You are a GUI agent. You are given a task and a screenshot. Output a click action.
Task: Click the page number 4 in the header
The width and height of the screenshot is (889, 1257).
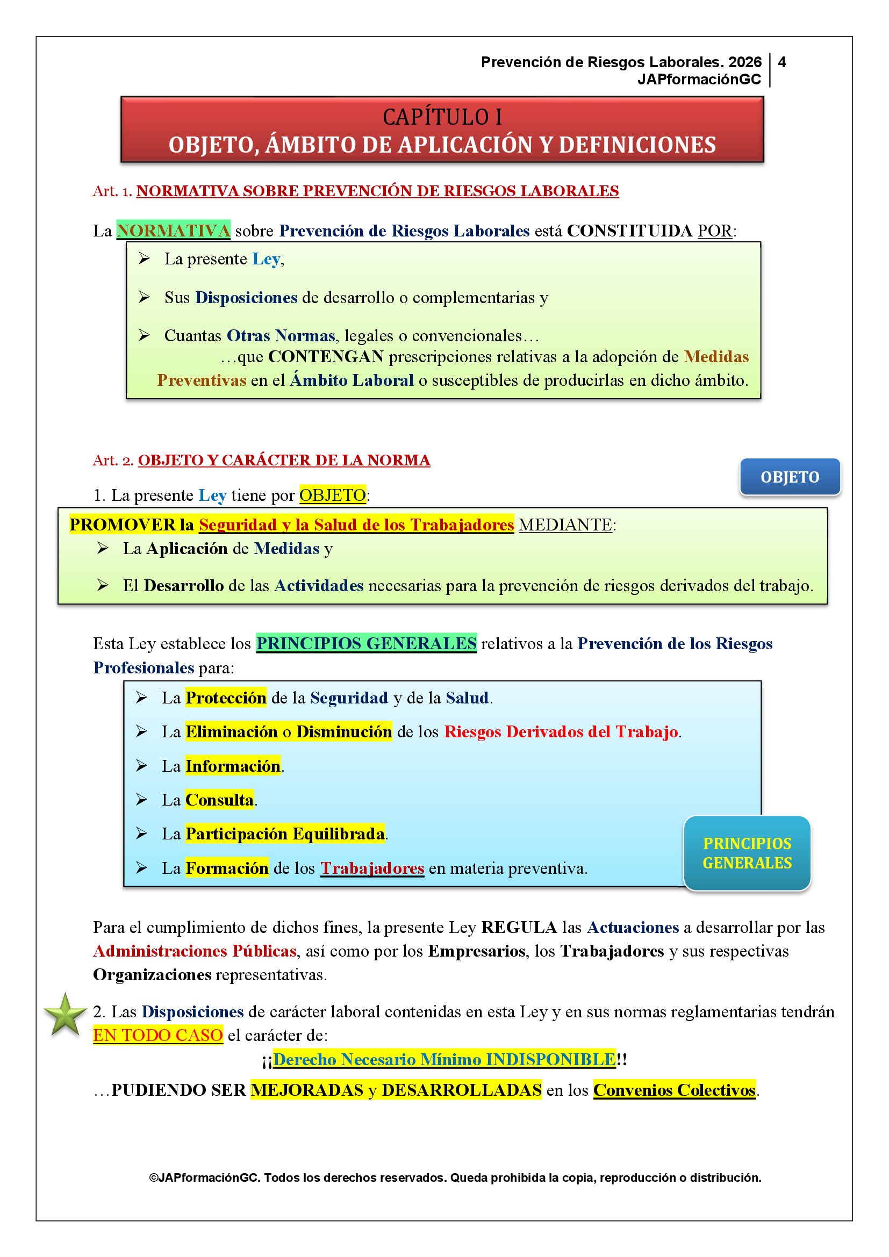click(x=782, y=62)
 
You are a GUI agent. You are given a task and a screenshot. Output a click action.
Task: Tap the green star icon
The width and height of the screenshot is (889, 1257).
click(x=65, y=1016)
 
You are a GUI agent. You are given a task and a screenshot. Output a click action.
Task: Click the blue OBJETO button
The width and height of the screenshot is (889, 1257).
click(x=790, y=477)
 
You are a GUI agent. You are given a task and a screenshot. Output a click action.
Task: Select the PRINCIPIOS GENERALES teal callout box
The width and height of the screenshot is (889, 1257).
click(x=747, y=853)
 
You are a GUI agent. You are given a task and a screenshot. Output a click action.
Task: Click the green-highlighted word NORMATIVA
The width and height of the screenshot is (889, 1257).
click(x=173, y=231)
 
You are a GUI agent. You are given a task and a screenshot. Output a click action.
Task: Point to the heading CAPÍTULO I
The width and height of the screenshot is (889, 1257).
click(x=442, y=117)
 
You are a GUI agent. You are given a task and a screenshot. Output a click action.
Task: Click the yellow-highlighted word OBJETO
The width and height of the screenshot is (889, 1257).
click(x=332, y=495)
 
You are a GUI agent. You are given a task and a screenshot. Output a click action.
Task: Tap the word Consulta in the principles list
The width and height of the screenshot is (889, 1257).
click(x=219, y=800)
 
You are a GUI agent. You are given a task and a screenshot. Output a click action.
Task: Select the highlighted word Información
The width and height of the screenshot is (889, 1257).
click(x=233, y=766)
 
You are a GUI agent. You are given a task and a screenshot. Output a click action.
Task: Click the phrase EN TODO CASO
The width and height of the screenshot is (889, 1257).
click(x=157, y=1035)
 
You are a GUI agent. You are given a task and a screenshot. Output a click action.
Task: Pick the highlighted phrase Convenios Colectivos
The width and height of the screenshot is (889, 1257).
click(x=675, y=1090)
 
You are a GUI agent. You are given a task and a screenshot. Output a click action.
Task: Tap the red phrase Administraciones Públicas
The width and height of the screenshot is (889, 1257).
click(x=195, y=951)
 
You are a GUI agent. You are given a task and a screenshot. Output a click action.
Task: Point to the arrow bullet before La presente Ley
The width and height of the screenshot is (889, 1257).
click(x=144, y=258)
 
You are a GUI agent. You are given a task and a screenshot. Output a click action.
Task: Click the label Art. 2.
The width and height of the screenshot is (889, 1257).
click(x=113, y=461)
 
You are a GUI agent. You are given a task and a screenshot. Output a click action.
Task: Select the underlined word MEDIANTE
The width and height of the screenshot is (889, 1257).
click(x=565, y=525)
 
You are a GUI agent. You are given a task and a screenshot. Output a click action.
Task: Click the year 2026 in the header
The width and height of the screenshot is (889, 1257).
click(x=744, y=62)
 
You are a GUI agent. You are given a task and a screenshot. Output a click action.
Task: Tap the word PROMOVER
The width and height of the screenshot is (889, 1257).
click(x=122, y=525)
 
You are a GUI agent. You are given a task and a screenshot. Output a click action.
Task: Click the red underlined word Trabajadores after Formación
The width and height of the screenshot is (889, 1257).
click(x=372, y=868)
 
